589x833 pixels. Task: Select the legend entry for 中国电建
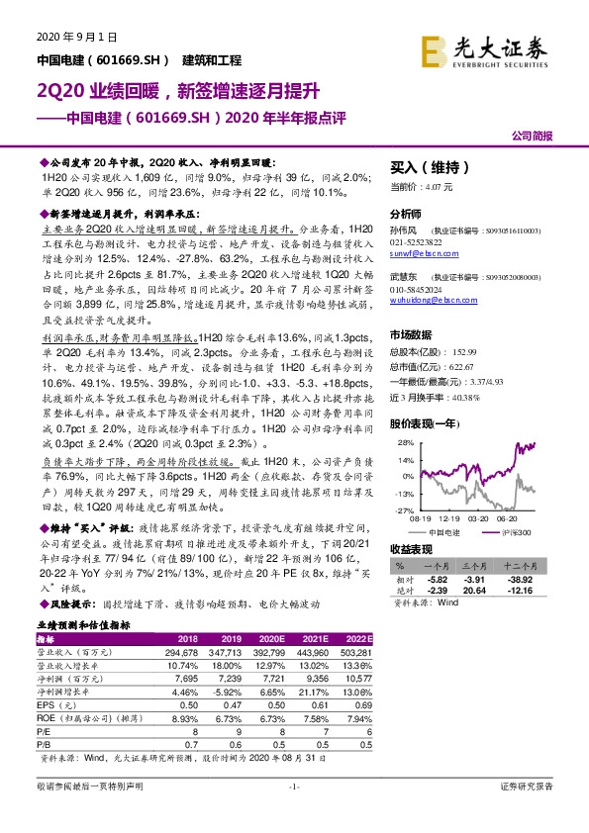coord(456,532)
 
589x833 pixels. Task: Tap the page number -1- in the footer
coord(294,786)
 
